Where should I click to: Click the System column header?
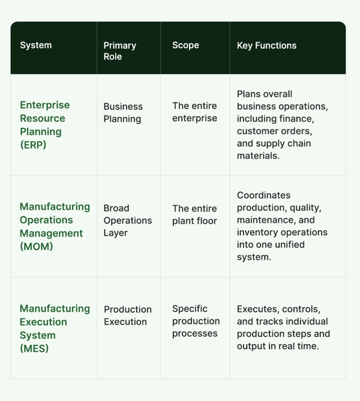(36, 45)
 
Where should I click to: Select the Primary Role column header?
(119, 51)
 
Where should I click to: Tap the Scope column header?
(185, 45)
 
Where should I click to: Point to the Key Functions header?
(266, 46)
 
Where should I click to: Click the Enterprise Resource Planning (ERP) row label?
(45, 125)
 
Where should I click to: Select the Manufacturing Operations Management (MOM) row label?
(55, 226)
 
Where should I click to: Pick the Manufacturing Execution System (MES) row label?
(55, 328)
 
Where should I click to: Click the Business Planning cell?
(123, 112)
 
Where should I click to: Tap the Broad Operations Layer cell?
(128, 220)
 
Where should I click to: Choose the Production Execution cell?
(128, 315)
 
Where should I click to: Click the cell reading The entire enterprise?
(194, 112)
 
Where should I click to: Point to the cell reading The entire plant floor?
(194, 214)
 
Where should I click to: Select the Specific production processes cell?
(196, 321)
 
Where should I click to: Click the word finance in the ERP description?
(296, 119)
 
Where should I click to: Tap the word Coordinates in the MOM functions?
(263, 195)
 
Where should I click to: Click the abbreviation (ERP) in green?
(33, 145)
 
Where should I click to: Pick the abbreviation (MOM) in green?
(37, 246)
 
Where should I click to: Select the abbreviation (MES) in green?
(34, 348)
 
